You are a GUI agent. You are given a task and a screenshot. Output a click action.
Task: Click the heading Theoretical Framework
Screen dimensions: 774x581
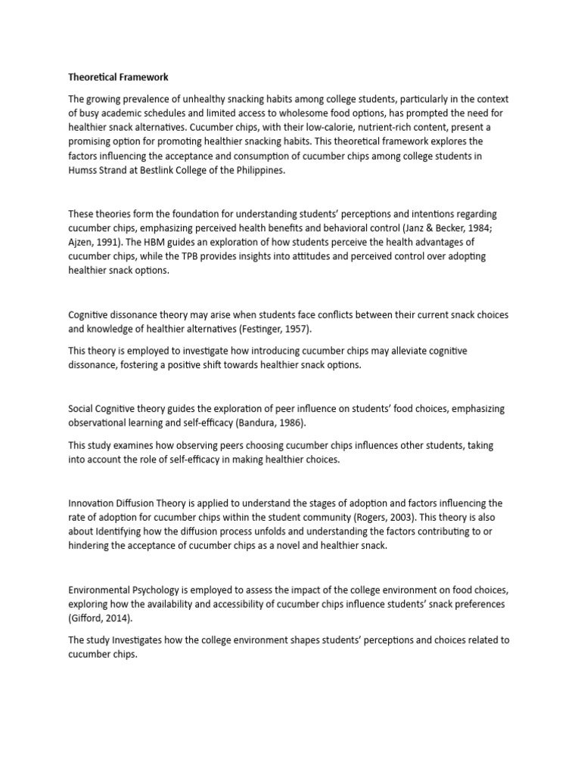(x=120, y=77)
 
